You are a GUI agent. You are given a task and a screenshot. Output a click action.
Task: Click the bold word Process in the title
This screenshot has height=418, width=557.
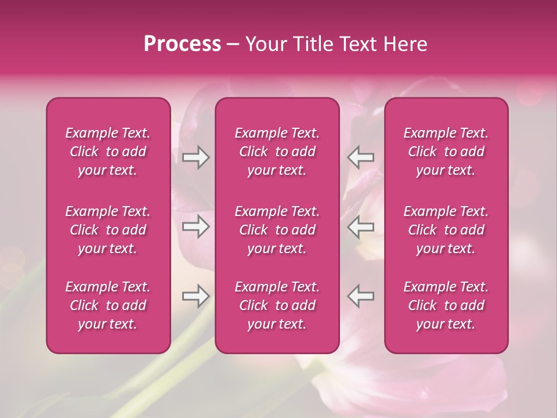(x=182, y=44)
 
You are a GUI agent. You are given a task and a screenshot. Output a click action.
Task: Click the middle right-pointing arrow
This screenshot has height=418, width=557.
(x=196, y=226)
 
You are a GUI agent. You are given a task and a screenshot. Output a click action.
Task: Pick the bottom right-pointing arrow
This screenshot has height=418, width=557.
(x=196, y=296)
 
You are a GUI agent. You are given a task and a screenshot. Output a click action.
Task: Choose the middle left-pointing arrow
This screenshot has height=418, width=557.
(x=361, y=226)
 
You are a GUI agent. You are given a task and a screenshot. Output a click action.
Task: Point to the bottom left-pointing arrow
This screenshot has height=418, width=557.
(x=361, y=296)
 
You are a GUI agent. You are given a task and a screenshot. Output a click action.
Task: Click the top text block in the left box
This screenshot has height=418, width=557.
(x=108, y=152)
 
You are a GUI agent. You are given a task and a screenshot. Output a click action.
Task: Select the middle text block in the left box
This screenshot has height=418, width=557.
(x=108, y=230)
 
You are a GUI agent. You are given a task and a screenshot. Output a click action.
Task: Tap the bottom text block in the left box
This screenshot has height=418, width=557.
(x=108, y=305)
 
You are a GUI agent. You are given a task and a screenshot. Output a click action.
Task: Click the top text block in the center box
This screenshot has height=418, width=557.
(x=277, y=152)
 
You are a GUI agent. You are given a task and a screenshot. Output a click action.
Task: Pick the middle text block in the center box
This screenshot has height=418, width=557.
(x=277, y=230)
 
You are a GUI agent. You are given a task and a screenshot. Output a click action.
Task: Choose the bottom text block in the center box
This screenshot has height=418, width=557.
(x=277, y=305)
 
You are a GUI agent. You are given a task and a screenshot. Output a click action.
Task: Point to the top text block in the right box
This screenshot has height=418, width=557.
(x=446, y=152)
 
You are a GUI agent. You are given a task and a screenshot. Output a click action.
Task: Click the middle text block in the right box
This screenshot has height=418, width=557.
(x=446, y=230)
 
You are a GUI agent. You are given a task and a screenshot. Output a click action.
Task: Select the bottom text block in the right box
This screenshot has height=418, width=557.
(x=446, y=305)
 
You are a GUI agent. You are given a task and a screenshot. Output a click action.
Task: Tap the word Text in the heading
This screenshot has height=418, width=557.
(x=356, y=44)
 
